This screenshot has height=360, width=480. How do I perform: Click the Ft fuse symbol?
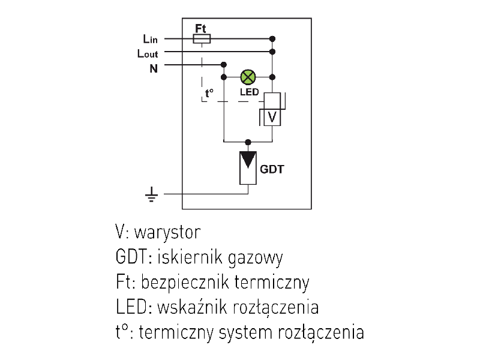click(201, 39)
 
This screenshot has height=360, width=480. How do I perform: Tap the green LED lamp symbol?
click(248, 77)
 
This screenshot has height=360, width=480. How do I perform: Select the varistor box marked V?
click(272, 117)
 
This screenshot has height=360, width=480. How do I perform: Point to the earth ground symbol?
click(152, 194)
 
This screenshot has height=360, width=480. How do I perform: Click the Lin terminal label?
click(150, 39)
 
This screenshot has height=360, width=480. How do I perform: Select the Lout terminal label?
click(148, 53)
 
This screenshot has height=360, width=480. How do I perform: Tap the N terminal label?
click(154, 68)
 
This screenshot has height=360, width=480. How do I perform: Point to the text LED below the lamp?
click(249, 92)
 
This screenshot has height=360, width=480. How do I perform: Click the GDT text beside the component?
click(271, 169)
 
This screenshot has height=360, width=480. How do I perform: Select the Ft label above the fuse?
click(201, 28)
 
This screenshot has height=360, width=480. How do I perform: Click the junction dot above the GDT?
click(248, 142)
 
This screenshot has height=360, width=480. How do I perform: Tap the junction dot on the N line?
click(223, 64)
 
